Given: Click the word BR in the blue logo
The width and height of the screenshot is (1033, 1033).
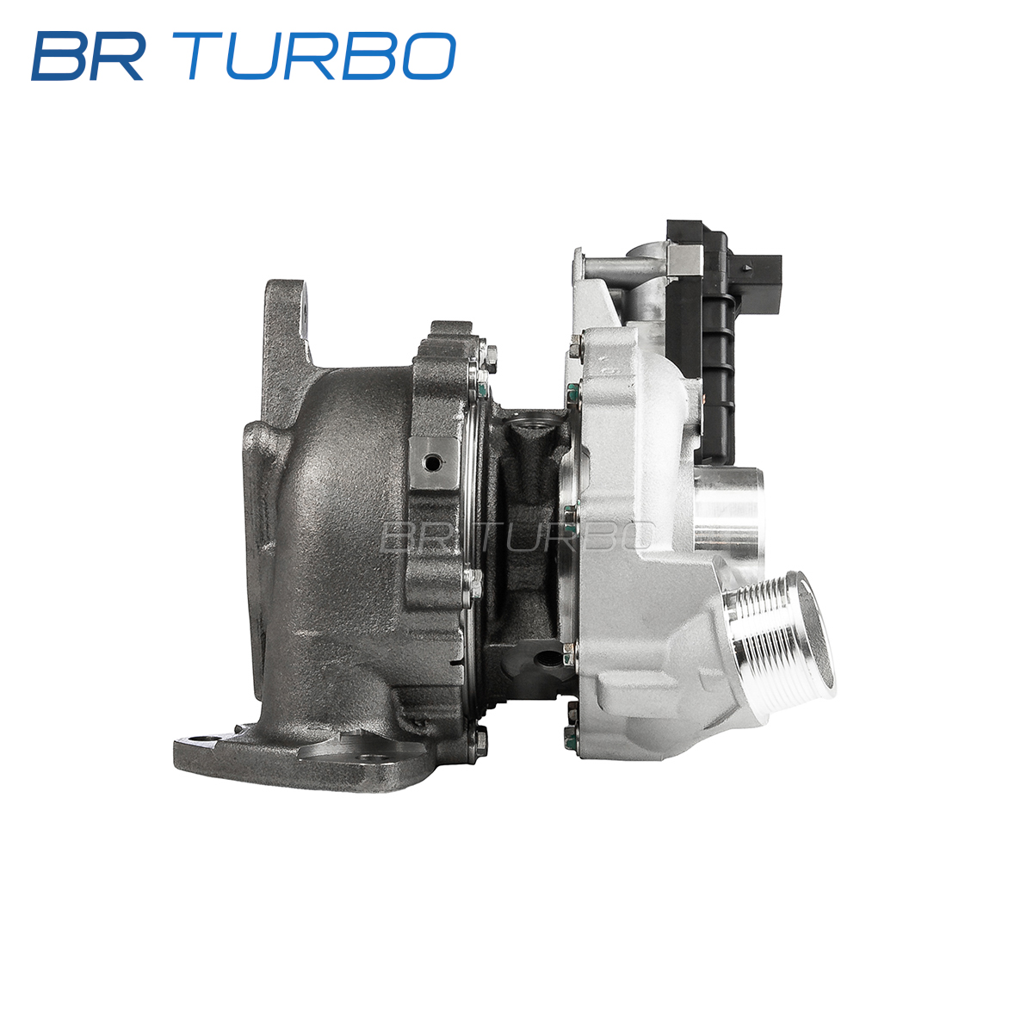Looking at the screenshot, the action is click(89, 56).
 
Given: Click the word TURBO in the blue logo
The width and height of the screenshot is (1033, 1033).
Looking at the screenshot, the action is click(313, 56).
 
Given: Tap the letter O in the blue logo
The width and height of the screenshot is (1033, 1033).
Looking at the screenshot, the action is click(429, 56).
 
